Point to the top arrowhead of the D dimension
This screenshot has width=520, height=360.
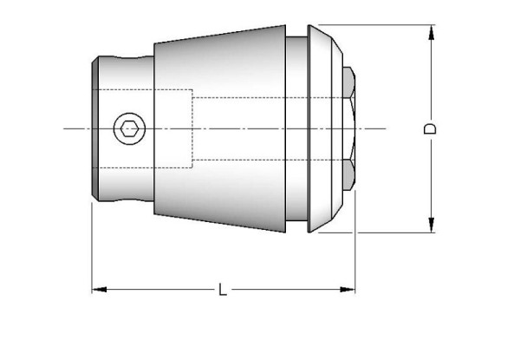tap(431, 32)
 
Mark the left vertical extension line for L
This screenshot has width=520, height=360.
tap(92, 252)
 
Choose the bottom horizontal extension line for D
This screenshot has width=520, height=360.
tap(390, 232)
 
